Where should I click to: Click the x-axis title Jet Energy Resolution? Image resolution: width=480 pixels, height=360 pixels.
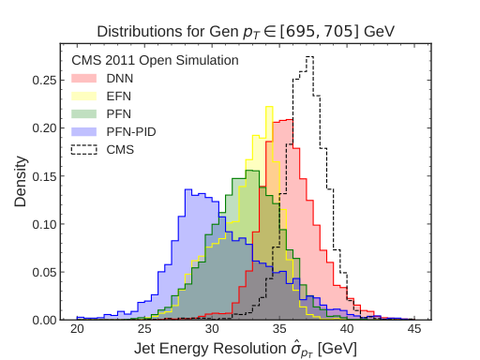click(x=245, y=348)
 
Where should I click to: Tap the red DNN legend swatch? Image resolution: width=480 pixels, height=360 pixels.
click(x=86, y=78)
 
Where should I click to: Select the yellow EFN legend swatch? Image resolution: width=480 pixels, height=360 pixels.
click(x=86, y=96)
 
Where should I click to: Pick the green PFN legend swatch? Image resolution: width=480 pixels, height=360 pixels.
click(x=86, y=113)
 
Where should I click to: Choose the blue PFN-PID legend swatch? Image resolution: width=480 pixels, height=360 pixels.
click(x=86, y=131)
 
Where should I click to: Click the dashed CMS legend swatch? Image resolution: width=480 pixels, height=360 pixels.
click(x=86, y=149)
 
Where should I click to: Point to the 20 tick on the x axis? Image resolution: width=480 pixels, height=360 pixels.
click(x=78, y=329)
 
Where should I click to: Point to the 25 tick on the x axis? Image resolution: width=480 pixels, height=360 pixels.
click(x=145, y=329)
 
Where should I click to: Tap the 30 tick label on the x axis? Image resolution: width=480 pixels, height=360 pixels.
click(x=213, y=329)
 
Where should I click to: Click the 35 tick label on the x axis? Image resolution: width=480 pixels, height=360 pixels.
click(x=280, y=329)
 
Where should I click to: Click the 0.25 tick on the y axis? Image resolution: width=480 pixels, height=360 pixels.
click(x=45, y=80)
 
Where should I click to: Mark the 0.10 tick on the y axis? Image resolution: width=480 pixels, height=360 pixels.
click(x=45, y=224)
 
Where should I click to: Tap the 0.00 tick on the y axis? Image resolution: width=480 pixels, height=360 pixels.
click(x=45, y=320)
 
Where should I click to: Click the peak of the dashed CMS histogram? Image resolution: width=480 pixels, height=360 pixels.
click(x=310, y=56)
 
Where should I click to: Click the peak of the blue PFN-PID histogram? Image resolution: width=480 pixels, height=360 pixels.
click(x=188, y=190)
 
